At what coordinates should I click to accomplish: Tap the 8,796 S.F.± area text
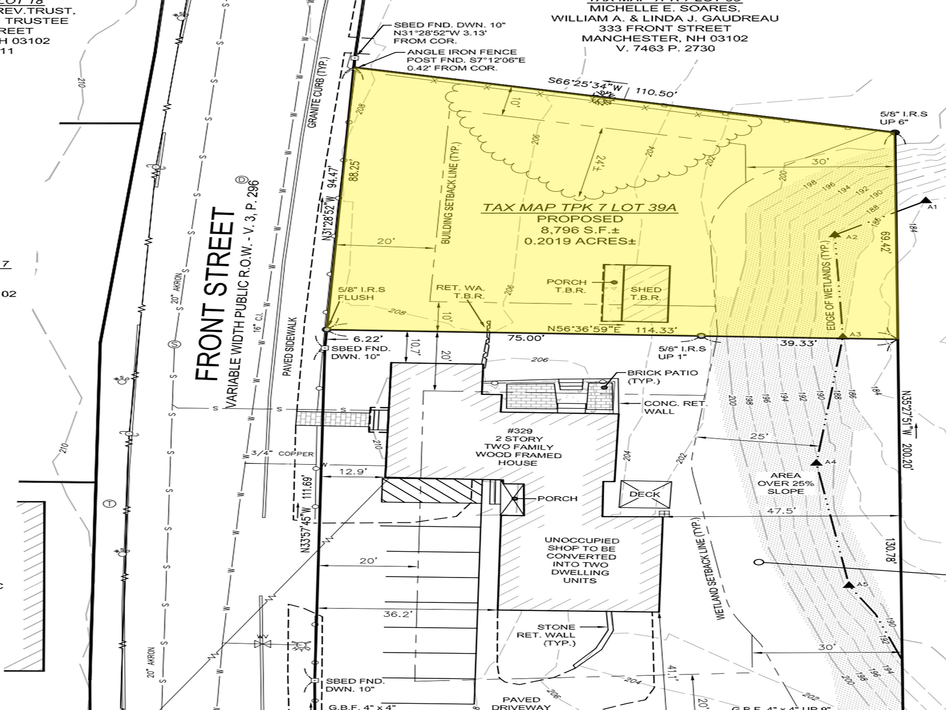(580, 230)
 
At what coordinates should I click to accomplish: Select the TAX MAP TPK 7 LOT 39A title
(580, 208)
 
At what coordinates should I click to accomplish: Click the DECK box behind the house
(645, 494)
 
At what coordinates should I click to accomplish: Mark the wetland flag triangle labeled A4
(817, 463)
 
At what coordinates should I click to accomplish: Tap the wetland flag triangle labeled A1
(926, 200)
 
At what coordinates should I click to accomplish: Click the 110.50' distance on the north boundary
(657, 92)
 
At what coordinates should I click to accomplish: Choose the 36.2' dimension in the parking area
(398, 614)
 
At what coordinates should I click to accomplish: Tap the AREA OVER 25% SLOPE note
(786, 483)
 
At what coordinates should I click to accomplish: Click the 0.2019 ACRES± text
(580, 241)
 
